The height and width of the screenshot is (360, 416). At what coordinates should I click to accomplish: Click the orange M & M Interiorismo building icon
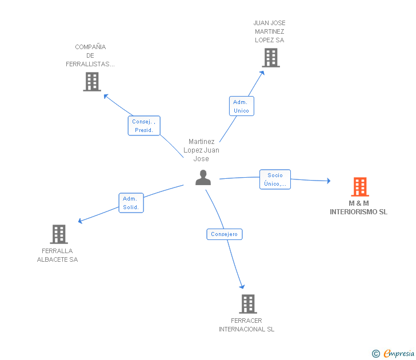(360, 187)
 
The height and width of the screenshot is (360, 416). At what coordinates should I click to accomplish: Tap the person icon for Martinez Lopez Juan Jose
(203, 178)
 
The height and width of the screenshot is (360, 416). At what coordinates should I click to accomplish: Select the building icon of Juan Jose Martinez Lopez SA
(271, 58)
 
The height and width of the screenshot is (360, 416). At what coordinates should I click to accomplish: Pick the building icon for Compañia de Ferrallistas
(92, 82)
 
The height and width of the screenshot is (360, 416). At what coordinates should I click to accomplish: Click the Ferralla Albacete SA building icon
(59, 234)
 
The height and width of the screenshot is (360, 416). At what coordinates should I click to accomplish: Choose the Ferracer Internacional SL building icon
(248, 304)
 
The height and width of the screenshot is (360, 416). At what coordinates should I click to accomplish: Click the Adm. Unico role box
(241, 106)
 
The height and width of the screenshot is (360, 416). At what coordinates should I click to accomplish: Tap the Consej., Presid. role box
(144, 126)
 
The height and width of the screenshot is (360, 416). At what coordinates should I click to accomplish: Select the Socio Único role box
(275, 179)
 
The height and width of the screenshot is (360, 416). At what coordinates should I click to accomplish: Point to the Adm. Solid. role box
(131, 203)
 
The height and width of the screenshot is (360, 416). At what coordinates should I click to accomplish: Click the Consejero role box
(225, 234)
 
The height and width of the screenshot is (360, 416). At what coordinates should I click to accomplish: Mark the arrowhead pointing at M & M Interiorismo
(329, 181)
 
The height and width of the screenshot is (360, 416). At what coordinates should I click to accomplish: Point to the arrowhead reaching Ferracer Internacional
(242, 286)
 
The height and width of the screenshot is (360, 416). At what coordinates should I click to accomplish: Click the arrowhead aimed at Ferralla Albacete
(80, 221)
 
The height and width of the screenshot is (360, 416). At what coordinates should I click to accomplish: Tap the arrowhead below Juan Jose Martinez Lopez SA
(262, 73)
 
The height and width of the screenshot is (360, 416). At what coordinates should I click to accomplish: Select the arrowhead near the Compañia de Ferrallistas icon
(106, 97)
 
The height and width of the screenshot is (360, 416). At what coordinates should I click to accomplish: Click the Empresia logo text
(399, 353)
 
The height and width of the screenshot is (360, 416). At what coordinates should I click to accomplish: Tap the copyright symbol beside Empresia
(376, 354)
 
